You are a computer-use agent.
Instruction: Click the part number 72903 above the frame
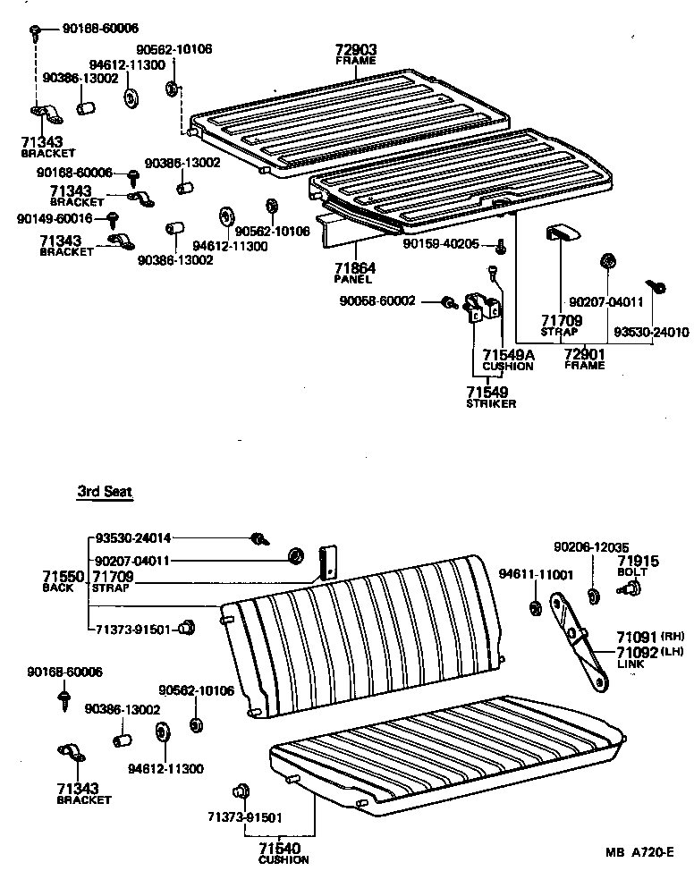point(356,50)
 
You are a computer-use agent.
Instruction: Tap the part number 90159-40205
point(440,244)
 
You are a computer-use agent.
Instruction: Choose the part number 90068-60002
point(377,301)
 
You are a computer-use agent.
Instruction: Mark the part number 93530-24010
point(650,332)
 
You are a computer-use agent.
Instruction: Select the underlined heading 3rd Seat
point(105,492)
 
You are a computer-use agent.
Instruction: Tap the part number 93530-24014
point(132,538)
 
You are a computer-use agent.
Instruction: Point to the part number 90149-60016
point(53,217)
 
